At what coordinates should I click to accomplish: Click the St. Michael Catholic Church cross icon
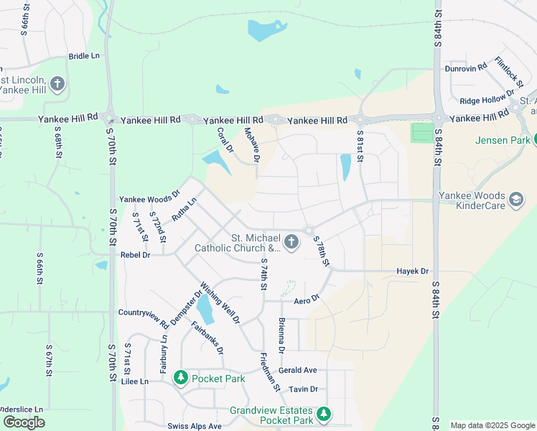coord(291,241)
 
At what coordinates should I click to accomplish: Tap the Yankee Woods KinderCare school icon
coord(515,199)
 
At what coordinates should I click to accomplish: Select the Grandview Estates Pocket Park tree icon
coord(324,414)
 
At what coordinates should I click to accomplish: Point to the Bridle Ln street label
coord(85,56)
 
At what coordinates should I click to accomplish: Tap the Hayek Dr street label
coord(412,272)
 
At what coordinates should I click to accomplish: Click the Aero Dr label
coord(305,299)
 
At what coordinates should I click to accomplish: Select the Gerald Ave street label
coord(298,370)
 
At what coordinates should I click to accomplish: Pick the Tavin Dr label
coord(303,389)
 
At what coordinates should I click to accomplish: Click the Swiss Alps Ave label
coord(195,426)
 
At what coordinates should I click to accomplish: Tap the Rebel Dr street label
coord(135,255)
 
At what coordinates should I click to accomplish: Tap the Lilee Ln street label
coord(134,381)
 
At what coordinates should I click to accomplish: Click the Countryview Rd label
coord(143,313)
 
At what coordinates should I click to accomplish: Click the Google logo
coord(24,422)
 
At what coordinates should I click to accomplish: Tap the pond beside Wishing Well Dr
coord(205,310)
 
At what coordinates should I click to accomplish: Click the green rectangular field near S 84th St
coord(423,133)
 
